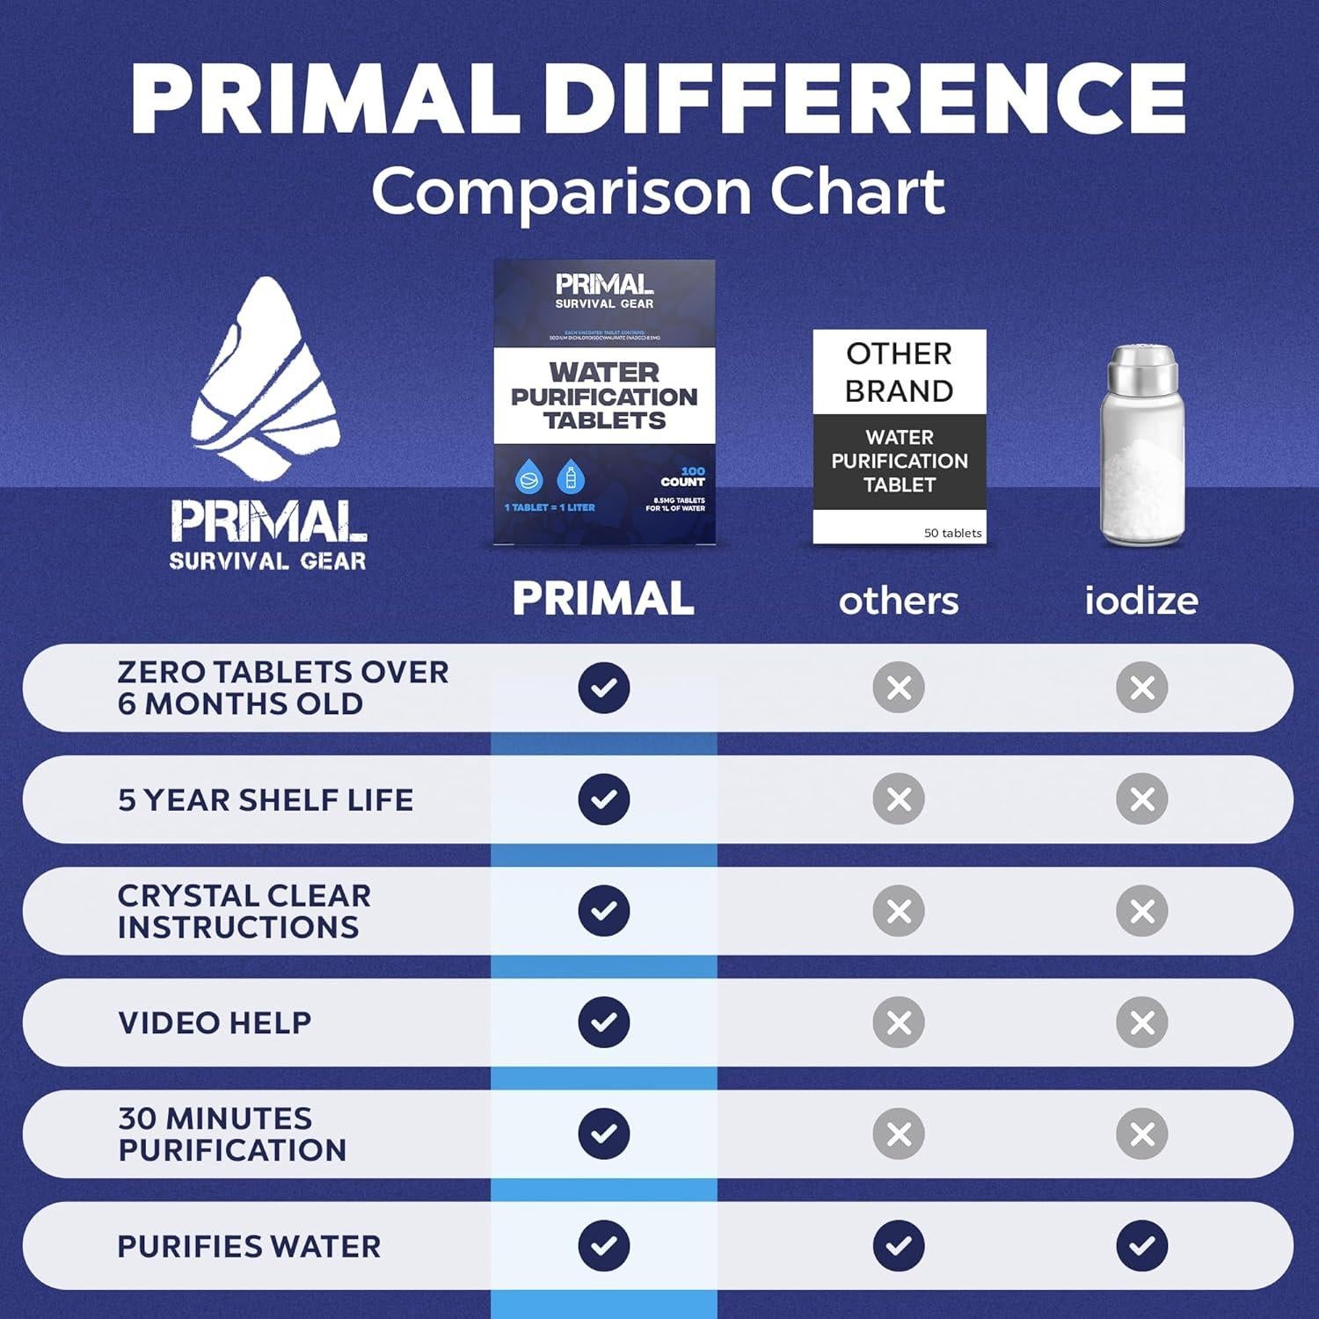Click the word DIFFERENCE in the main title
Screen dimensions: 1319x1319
click(871, 98)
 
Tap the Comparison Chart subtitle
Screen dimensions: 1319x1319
click(658, 191)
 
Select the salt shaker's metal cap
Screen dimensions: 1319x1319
click(1141, 369)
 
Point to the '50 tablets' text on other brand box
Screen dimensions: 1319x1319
click(952, 533)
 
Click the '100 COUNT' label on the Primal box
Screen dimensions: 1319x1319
click(684, 477)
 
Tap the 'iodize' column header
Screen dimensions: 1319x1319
click(1140, 601)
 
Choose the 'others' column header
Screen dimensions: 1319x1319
click(899, 601)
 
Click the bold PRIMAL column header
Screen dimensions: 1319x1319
click(603, 599)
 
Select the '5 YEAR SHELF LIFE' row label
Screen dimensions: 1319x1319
click(266, 799)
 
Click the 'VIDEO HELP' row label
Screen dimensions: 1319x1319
click(215, 1023)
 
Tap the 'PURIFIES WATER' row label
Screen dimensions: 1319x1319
click(249, 1246)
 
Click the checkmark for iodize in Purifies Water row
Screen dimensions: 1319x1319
click(1141, 1245)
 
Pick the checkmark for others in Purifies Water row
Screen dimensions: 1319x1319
click(899, 1245)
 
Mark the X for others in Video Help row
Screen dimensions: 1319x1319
click(899, 1022)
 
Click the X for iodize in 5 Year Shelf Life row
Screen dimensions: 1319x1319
click(1141, 798)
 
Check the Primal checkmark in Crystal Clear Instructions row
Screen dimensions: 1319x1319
click(604, 910)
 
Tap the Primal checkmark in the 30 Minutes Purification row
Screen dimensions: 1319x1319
click(604, 1133)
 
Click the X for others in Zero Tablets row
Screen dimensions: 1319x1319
click(899, 687)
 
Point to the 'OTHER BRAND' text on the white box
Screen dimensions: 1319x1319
click(899, 372)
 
